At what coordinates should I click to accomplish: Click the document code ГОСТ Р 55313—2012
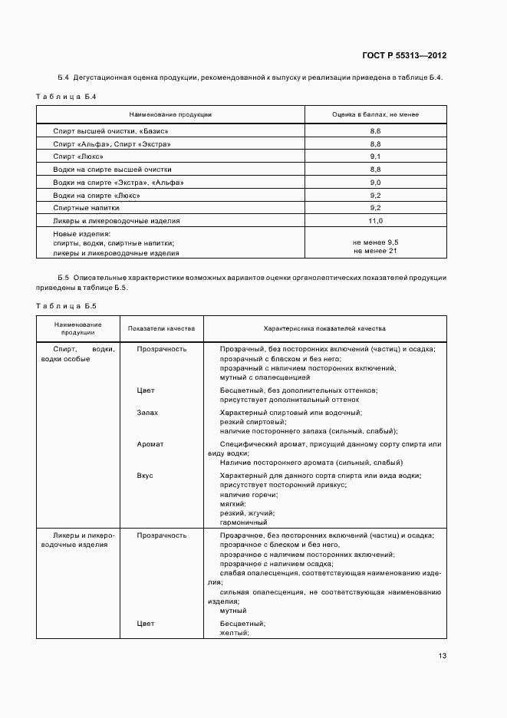(x=404, y=55)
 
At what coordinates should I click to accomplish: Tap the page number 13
(x=442, y=655)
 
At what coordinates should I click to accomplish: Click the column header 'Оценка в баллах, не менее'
(x=375, y=114)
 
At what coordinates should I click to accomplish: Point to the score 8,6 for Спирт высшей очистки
(x=375, y=132)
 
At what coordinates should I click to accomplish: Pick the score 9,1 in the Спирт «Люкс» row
(x=375, y=156)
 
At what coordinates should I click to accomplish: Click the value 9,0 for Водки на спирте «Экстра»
(x=375, y=183)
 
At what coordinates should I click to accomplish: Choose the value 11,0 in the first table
(x=375, y=220)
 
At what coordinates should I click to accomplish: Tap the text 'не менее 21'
(x=375, y=251)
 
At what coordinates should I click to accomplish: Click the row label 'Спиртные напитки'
(x=87, y=208)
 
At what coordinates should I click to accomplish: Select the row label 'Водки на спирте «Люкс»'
(x=97, y=195)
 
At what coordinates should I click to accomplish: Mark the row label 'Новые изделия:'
(x=81, y=233)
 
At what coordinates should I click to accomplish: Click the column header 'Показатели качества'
(x=162, y=328)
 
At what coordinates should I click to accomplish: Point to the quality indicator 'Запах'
(x=147, y=413)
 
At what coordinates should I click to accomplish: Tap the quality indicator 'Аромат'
(x=150, y=444)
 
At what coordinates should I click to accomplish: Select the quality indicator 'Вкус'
(x=145, y=476)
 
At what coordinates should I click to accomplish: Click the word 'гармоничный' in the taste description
(x=244, y=522)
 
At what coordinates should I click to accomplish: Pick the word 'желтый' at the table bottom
(x=234, y=633)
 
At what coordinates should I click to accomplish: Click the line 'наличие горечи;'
(x=246, y=494)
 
